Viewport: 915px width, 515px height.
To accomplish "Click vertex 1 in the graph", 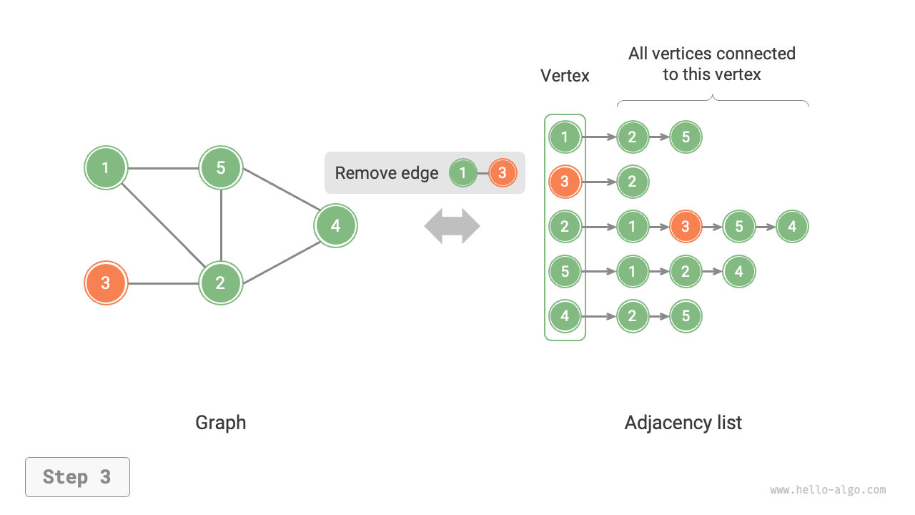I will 106,168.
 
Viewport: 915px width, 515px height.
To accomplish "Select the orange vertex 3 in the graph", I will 106,283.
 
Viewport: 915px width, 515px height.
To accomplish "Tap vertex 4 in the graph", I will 335,226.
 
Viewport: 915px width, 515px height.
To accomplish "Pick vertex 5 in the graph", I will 221,168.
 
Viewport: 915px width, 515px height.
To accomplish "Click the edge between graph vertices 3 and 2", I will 163,283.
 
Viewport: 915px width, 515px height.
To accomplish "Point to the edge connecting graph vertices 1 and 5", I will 163,169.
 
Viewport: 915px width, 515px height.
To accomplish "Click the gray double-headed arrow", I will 452,226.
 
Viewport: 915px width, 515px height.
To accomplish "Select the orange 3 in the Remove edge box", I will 503,173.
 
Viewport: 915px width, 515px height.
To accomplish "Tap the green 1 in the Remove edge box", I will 463,173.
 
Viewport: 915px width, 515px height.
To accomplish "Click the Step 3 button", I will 77,477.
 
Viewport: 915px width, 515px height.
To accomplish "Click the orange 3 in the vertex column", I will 565,182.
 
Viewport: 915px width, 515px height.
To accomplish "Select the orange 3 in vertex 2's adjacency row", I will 686,227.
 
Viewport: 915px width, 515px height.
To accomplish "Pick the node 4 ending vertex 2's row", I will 792,227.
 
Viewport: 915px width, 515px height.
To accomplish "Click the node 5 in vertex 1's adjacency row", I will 686,137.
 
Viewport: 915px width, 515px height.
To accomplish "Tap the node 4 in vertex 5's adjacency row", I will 739,272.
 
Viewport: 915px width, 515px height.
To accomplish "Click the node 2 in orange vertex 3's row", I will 632,182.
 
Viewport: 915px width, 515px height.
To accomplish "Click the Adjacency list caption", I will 683,423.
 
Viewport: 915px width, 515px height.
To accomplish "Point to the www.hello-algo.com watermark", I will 828,490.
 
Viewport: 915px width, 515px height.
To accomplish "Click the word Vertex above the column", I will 565,76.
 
